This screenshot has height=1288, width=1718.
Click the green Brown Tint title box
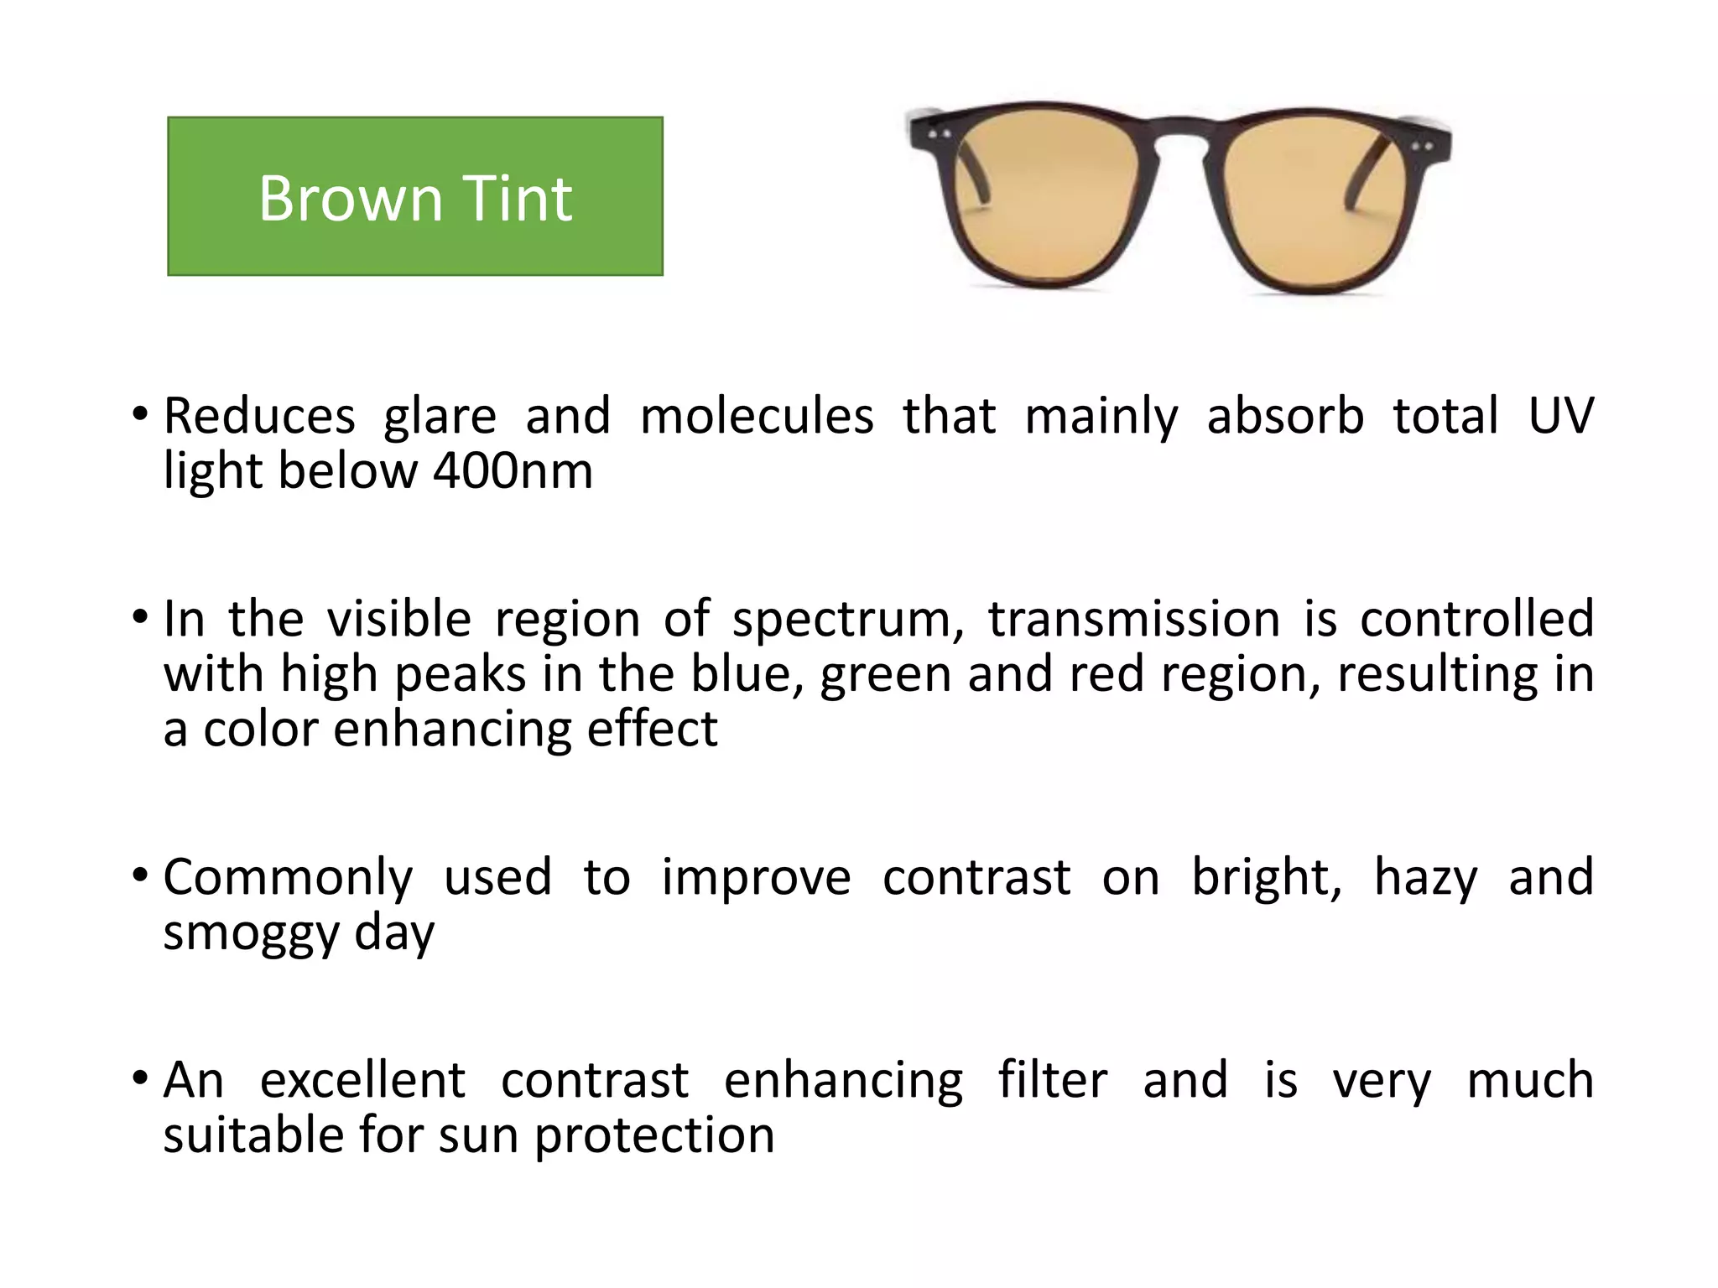pyautogui.click(x=415, y=196)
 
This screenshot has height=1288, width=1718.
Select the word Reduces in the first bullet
pyautogui.click(x=259, y=416)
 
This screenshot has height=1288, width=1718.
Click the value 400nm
pyautogui.click(x=513, y=471)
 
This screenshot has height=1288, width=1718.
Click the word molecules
pyautogui.click(x=757, y=416)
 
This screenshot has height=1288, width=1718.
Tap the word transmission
pyautogui.click(x=1133, y=619)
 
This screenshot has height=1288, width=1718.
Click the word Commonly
pyautogui.click(x=288, y=879)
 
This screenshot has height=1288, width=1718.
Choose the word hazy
pyautogui.click(x=1425, y=879)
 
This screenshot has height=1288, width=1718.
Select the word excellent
pyautogui.click(x=362, y=1080)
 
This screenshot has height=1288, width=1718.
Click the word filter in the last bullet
pyautogui.click(x=1053, y=1080)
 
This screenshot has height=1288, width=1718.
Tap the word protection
pyautogui.click(x=654, y=1135)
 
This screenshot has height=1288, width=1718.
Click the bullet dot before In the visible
pyautogui.click(x=140, y=617)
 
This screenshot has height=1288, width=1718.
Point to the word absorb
pyautogui.click(x=1285, y=416)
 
